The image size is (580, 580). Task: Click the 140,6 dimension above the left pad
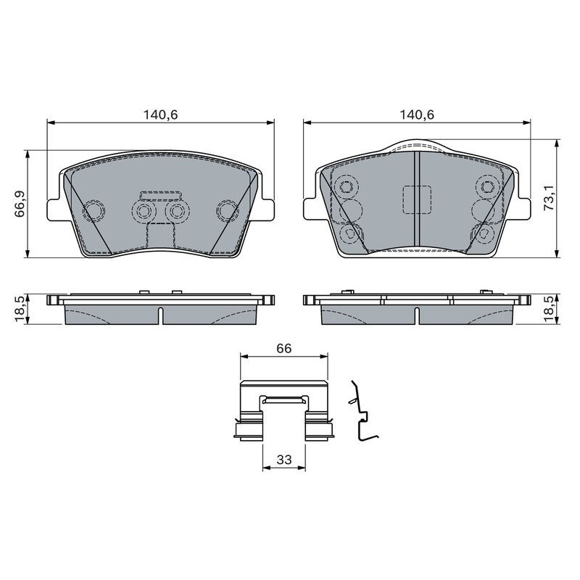tap(160, 115)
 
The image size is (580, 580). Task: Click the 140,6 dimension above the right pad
tap(416, 115)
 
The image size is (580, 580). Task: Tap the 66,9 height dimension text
tap(20, 204)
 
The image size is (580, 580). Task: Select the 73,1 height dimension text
tap(550, 198)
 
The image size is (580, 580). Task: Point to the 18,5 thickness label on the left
tap(20, 309)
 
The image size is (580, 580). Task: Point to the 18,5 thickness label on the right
tap(550, 309)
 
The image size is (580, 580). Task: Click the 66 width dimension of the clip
tap(284, 348)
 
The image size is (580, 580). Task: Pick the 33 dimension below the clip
tap(284, 460)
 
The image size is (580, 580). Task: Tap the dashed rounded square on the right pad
tap(416, 199)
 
